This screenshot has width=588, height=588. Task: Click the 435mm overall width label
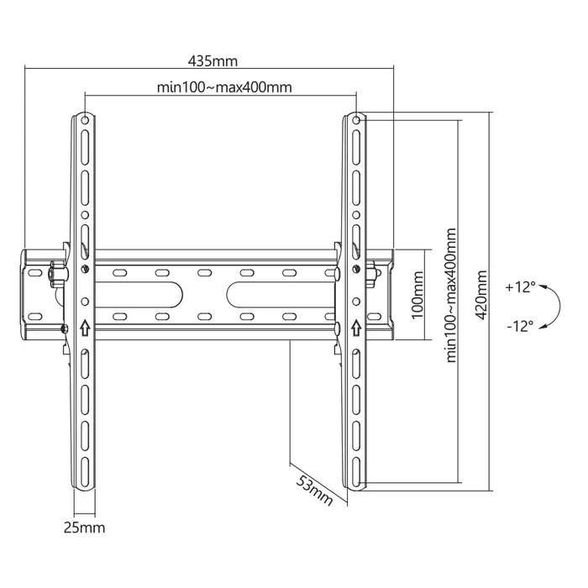pyautogui.click(x=213, y=61)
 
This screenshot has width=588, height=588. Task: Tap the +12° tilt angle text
pyautogui.click(x=520, y=287)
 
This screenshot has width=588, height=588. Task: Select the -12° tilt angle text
pyautogui.click(x=520, y=327)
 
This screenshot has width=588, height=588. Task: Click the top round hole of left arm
pyautogui.click(x=86, y=120)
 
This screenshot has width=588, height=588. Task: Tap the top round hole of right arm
pyautogui.click(x=355, y=120)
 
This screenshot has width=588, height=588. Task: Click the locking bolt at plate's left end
pyautogui.click(x=55, y=272)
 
